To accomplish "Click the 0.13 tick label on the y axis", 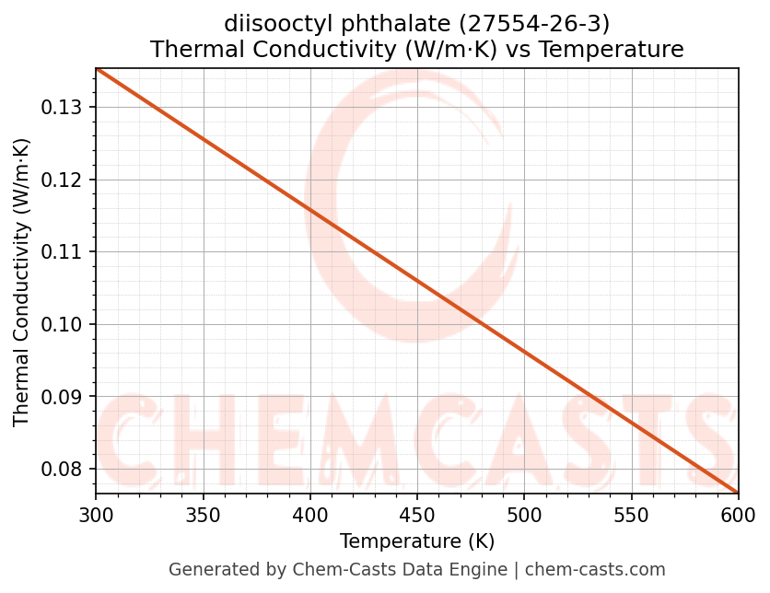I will point(62,108).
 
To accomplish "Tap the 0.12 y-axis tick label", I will point(62,180).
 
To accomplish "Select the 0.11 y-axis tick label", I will point(62,252).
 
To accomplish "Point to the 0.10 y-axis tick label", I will point(62,324).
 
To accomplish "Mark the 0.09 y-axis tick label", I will point(62,397).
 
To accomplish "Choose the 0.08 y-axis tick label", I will point(62,470).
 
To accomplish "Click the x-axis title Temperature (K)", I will point(416,541).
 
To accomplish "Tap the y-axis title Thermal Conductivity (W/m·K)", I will point(22,282).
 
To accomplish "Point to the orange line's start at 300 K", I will point(97,69).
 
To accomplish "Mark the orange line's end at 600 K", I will point(737,493).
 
